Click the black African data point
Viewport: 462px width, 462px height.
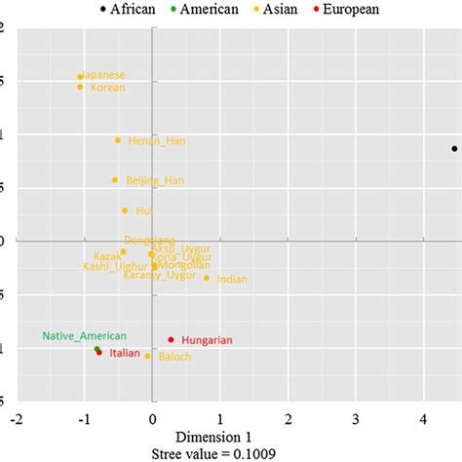click(x=454, y=148)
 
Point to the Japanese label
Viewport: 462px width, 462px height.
click(x=102, y=75)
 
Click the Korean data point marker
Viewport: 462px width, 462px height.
click(x=81, y=87)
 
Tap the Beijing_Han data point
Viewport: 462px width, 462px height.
click(x=115, y=179)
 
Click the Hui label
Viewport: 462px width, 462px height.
click(x=144, y=211)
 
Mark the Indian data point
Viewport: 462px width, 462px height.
click(x=207, y=278)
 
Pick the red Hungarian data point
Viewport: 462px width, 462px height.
click(x=172, y=339)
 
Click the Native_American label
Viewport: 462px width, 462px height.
click(x=84, y=335)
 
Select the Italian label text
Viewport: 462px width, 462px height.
click(x=124, y=353)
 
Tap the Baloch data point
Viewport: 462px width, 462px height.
click(x=148, y=356)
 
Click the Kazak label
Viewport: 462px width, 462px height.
click(x=107, y=255)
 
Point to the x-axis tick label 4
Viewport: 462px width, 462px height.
click(x=423, y=418)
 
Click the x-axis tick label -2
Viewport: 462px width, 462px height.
click(x=17, y=418)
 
